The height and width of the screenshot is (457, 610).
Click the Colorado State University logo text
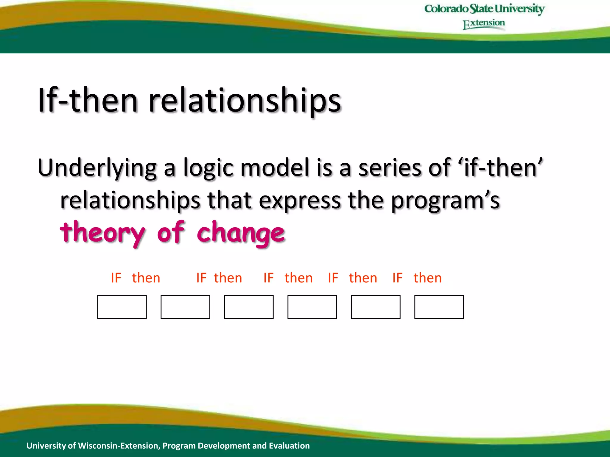[484, 9]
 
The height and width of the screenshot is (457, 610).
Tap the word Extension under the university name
[484, 24]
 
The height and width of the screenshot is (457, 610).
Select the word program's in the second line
[445, 201]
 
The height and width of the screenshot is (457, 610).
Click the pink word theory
[102, 233]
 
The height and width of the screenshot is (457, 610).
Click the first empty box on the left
[122, 307]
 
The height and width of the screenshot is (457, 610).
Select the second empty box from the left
[185, 307]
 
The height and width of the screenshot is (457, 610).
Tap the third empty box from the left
[249, 307]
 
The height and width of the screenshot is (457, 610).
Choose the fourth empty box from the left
[312, 307]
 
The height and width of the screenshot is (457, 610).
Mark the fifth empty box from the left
[376, 307]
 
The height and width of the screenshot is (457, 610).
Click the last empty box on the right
[439, 307]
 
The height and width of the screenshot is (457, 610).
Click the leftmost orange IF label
[116, 278]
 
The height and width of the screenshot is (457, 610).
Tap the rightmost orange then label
[427, 278]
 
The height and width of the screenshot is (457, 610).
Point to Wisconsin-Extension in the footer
[119, 446]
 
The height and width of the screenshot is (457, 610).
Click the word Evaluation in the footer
[289, 446]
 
